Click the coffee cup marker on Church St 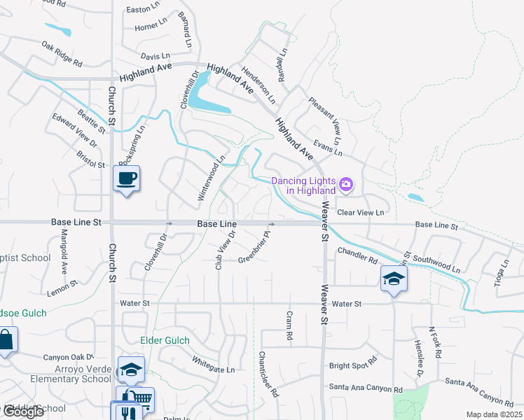tap(126, 179)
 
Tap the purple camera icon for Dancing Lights tap(345, 185)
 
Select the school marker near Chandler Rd tap(394, 279)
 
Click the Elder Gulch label tap(165, 341)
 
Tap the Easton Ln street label tap(144, 10)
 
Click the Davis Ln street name tap(155, 55)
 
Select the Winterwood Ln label tap(211, 178)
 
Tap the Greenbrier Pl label tap(254, 248)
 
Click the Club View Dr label tap(223, 251)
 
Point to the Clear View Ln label tap(361, 212)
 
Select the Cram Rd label tap(289, 325)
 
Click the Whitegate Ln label tap(214, 364)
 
